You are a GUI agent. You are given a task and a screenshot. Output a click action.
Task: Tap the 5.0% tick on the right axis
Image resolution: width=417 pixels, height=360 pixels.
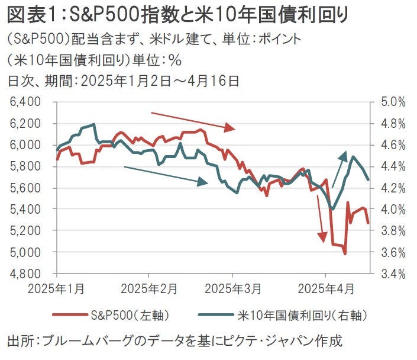tap(393, 102)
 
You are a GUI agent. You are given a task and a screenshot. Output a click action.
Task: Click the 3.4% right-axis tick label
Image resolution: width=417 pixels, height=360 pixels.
tap(393, 274)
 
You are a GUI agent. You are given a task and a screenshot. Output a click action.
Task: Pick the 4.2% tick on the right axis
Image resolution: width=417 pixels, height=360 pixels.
tap(393, 188)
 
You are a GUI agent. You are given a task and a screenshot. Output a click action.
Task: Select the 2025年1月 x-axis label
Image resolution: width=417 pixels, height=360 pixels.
tap(57, 289)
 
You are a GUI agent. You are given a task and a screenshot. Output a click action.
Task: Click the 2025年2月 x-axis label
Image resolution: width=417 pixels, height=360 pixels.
tap(148, 289)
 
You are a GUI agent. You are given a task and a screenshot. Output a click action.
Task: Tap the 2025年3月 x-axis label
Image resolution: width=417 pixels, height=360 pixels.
tap(232, 289)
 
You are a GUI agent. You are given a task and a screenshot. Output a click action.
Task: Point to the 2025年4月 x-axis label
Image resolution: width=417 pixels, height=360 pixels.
tap(325, 289)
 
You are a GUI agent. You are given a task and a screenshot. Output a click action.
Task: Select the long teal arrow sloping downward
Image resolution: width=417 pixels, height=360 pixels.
tap(166, 176)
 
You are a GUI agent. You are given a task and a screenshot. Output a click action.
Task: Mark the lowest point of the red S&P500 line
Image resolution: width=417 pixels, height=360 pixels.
tap(345, 254)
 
